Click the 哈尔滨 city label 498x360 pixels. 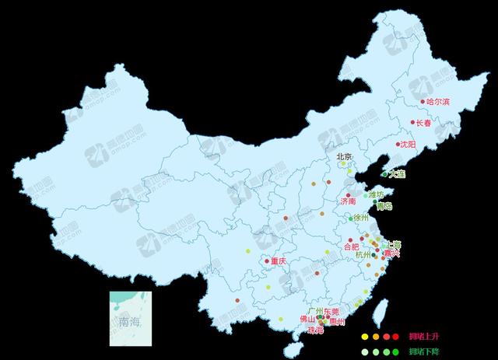(x=439, y=102)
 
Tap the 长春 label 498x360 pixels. (x=423, y=123)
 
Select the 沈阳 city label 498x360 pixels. (x=408, y=145)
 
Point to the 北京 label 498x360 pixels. (x=344, y=156)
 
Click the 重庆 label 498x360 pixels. (x=279, y=261)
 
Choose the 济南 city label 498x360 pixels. (x=348, y=201)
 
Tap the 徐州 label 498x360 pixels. (x=361, y=218)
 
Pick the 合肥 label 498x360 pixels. (x=352, y=246)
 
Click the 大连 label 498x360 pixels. (x=397, y=174)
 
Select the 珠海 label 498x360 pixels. (x=316, y=330)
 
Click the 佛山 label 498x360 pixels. (x=307, y=319)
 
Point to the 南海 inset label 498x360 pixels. (x=130, y=320)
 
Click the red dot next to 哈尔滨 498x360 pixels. (x=423, y=101)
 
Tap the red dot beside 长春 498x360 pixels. (x=413, y=122)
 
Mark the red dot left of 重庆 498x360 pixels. (x=267, y=261)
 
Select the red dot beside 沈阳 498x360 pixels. (x=396, y=145)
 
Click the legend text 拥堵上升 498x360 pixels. (x=424, y=337)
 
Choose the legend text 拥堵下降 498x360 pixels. (x=424, y=352)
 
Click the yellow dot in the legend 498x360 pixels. (x=363, y=337)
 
